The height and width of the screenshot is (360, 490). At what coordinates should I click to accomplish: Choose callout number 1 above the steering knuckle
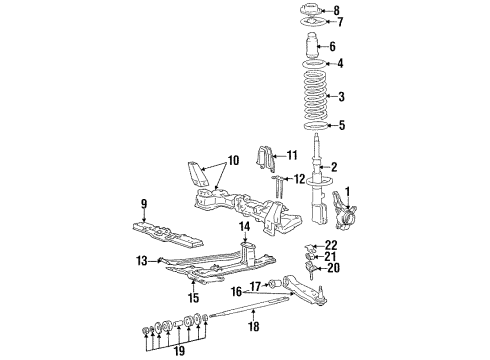pyautogui.click(x=349, y=192)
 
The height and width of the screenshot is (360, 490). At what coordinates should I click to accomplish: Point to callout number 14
pyautogui.click(x=243, y=228)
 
